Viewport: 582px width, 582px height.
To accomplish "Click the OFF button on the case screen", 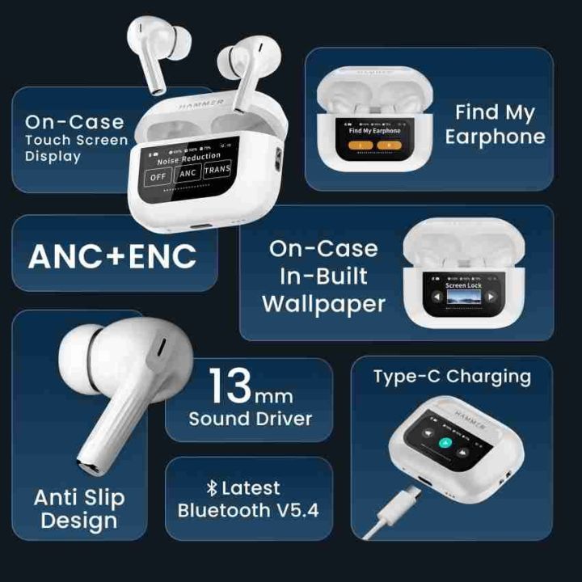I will coord(157,176).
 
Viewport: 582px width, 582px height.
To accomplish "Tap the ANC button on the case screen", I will coord(188,173).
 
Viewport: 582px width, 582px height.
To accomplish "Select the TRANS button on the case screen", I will coord(217,170).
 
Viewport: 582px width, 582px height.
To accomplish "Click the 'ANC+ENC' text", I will coord(112,255).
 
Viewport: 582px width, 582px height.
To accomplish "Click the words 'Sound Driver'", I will coord(250,419).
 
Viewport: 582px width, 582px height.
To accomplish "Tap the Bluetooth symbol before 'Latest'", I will coord(213,488).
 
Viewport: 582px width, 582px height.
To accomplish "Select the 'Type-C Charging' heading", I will coord(452,376).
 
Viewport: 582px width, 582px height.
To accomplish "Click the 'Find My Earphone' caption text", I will coord(495,124).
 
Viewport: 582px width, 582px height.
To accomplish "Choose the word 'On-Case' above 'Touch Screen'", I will coord(74,123).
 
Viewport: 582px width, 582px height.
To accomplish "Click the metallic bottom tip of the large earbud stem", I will coord(88,465).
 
